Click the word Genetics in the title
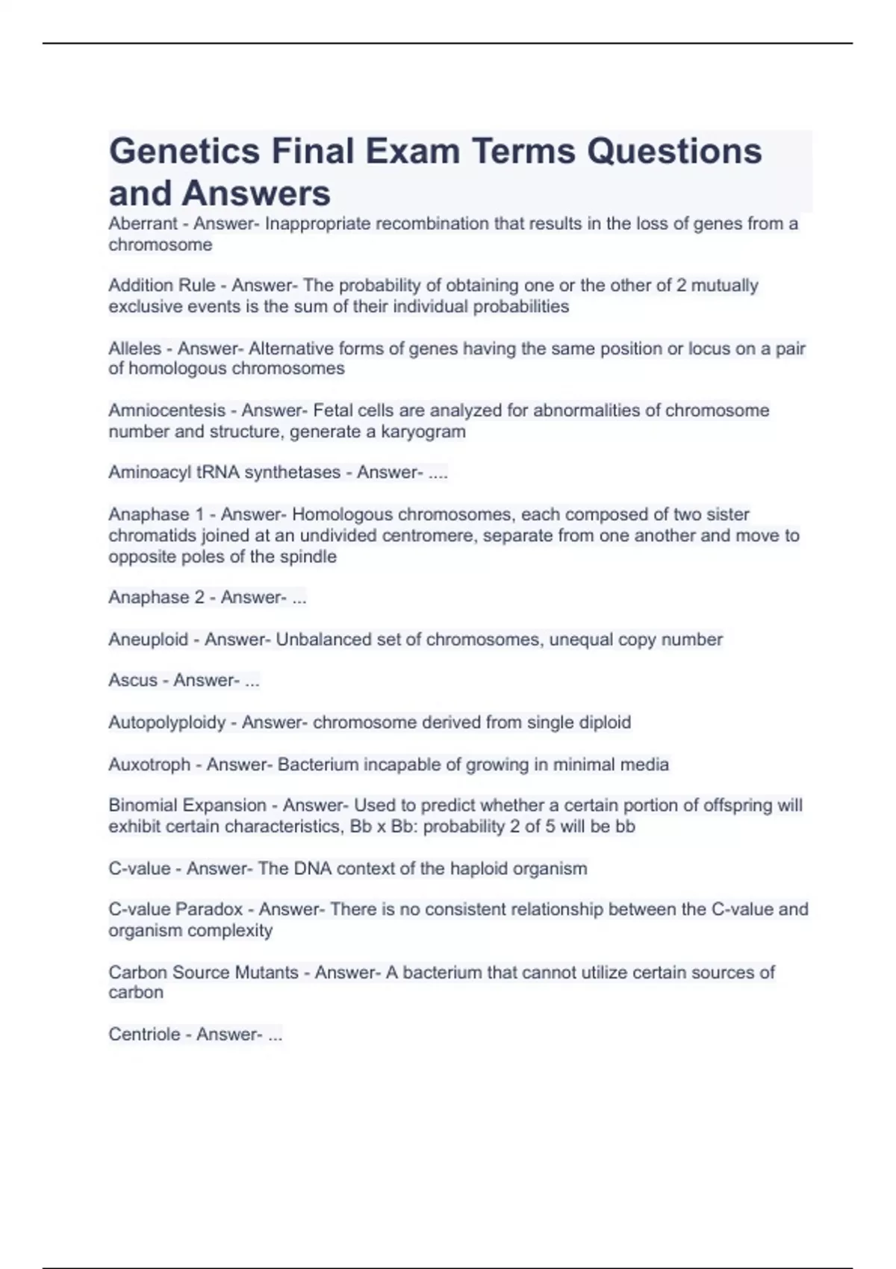tap(184, 152)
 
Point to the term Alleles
tap(134, 349)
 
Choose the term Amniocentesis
tap(167, 411)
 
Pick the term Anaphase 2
tap(155, 597)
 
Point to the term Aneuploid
tap(148, 640)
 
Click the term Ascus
tap(133, 681)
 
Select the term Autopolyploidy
tap(167, 723)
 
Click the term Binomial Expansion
tap(187, 805)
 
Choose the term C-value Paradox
tap(175, 909)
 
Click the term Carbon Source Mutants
tap(203, 973)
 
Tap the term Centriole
tap(144, 1035)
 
